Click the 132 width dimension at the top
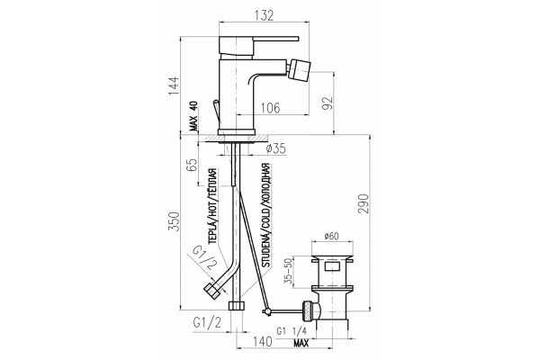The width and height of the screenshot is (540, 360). click(264, 15)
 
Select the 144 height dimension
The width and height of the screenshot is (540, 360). click(175, 86)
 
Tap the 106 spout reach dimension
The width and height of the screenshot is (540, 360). click(270, 108)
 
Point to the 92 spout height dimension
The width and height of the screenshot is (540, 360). click(328, 103)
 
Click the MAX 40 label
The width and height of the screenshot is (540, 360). click(193, 116)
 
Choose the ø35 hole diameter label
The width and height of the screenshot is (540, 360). click(276, 148)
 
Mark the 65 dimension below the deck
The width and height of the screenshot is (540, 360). click(192, 165)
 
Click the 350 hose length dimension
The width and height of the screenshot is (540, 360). click(175, 221)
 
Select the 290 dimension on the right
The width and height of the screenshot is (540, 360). click(364, 203)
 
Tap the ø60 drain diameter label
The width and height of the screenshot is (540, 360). click(331, 237)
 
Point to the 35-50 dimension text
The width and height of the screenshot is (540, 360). click(288, 272)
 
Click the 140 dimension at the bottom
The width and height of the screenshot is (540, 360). click(263, 342)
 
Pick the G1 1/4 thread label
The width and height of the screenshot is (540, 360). click(292, 331)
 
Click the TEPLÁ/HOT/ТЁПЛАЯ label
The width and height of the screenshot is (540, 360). click(212, 206)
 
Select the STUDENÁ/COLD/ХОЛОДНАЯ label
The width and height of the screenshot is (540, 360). click(265, 215)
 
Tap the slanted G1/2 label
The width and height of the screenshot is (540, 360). click(204, 258)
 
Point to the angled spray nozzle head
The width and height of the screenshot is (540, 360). click(300, 69)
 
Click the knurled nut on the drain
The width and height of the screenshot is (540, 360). click(308, 310)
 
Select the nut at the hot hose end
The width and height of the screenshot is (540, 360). click(213, 290)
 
